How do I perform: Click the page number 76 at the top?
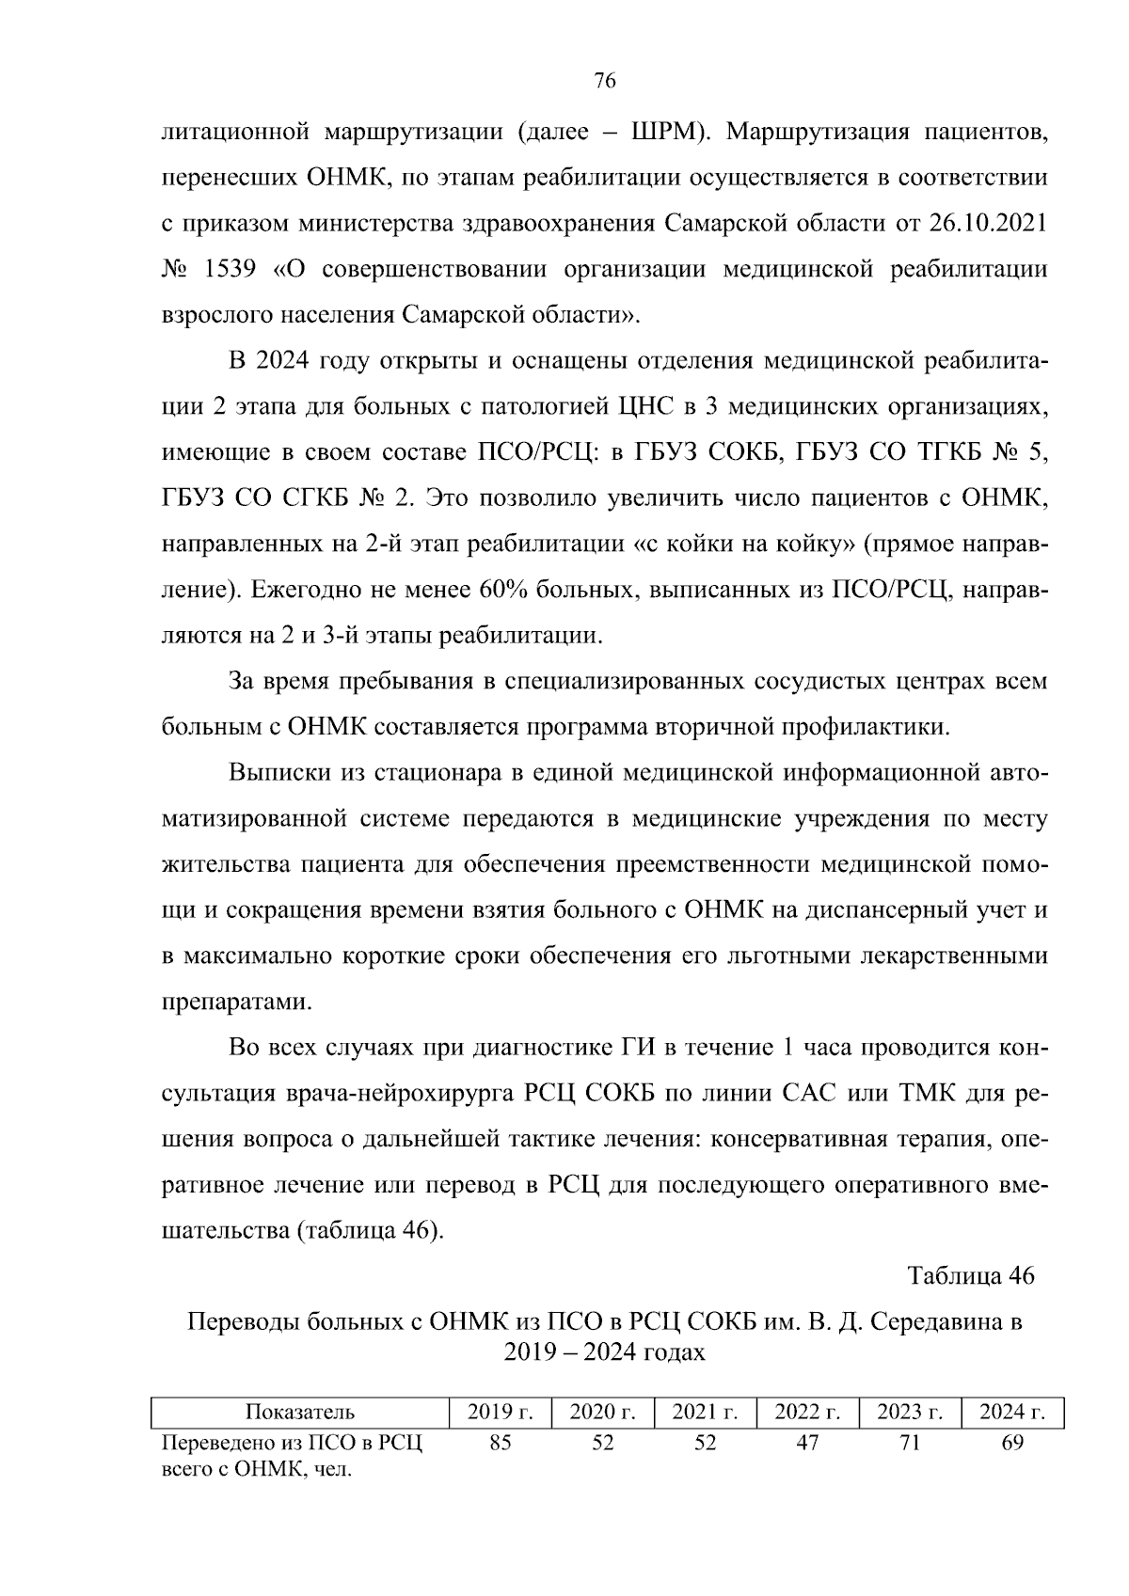click(x=605, y=82)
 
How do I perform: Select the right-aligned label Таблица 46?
click(x=970, y=1275)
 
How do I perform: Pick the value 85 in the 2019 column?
click(x=501, y=1443)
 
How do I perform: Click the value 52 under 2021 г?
click(x=705, y=1443)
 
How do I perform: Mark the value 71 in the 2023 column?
click(x=909, y=1443)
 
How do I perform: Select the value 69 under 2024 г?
click(x=1011, y=1443)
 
